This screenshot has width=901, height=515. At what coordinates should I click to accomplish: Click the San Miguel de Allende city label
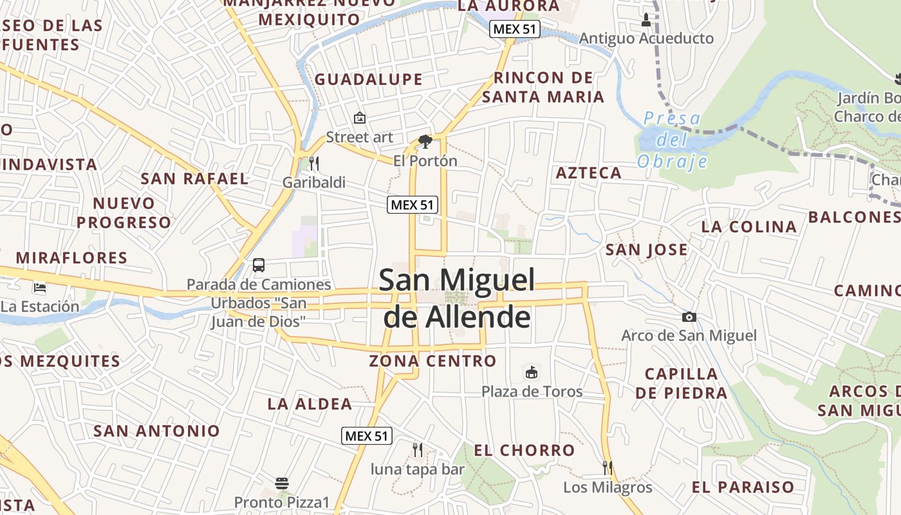click(457, 298)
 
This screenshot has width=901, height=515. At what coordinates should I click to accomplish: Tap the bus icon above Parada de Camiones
click(258, 265)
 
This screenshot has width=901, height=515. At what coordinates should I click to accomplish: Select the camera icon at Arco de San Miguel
click(689, 317)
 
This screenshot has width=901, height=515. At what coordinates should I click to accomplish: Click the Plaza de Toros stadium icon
click(532, 372)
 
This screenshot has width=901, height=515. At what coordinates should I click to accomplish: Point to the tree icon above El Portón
click(425, 141)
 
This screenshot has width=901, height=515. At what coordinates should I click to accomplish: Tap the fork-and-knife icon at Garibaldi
click(314, 163)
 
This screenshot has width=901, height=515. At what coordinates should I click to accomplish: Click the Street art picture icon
click(360, 118)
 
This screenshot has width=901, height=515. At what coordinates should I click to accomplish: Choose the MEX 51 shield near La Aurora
click(514, 29)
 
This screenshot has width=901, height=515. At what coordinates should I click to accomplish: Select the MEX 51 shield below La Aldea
click(366, 436)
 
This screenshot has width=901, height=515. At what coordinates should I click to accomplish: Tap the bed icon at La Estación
click(40, 287)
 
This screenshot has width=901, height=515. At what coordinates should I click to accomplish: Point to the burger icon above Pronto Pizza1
click(281, 482)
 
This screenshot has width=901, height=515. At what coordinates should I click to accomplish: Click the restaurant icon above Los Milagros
click(608, 467)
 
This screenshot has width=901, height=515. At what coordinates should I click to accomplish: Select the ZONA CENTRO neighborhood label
click(432, 360)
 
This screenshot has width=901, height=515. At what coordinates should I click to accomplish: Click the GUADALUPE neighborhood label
click(369, 80)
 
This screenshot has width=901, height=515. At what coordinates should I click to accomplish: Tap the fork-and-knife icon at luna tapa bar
click(417, 449)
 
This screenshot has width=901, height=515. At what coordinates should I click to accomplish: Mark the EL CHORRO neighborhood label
click(524, 450)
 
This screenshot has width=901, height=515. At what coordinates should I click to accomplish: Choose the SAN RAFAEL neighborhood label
click(194, 178)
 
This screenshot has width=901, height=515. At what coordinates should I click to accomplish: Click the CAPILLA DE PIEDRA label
click(681, 383)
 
